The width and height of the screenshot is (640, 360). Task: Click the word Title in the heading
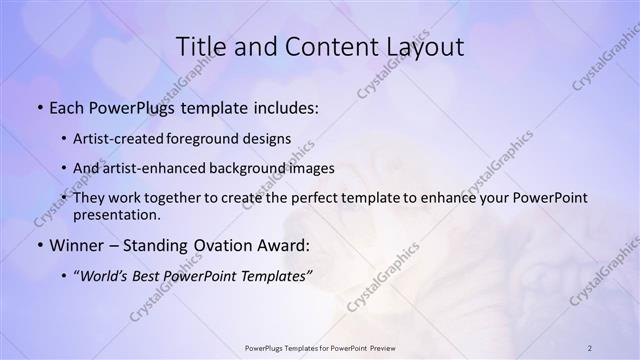point(200,47)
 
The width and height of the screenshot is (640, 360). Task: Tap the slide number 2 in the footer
point(590,347)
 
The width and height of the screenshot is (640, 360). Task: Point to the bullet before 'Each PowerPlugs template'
point(38,108)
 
